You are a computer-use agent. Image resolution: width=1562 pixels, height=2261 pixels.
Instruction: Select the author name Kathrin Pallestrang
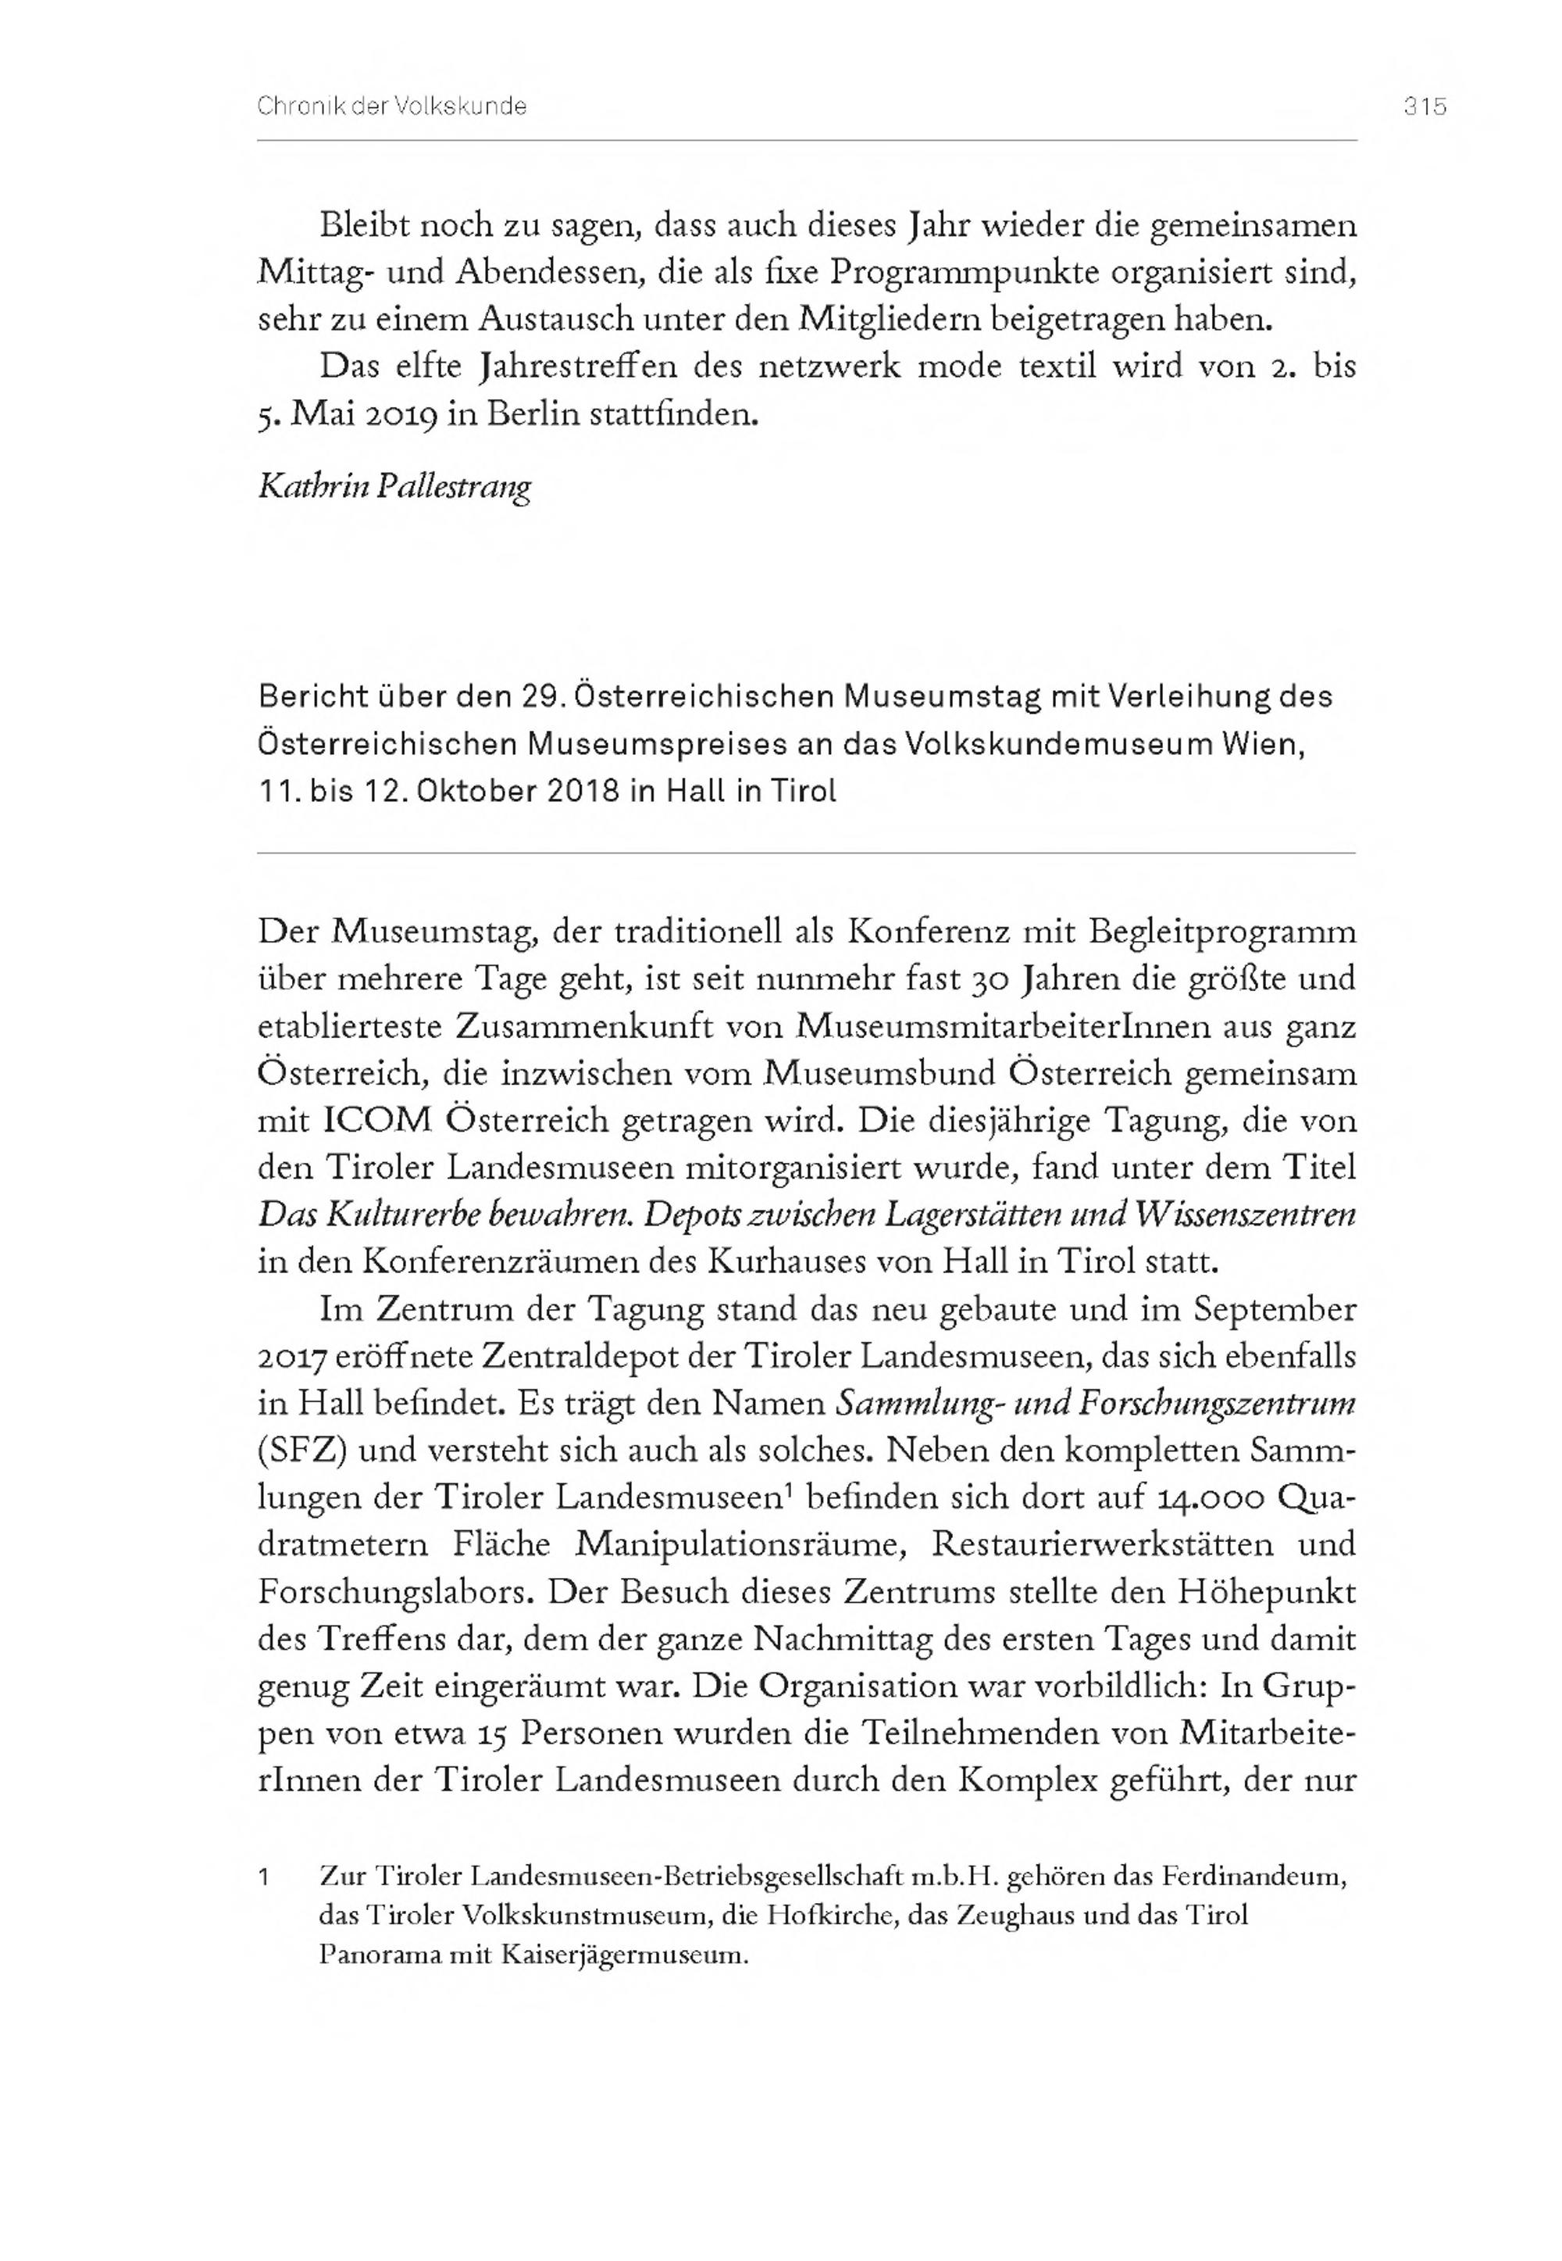tap(394, 487)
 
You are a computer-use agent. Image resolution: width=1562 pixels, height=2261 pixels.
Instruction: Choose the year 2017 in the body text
tap(291, 1358)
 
